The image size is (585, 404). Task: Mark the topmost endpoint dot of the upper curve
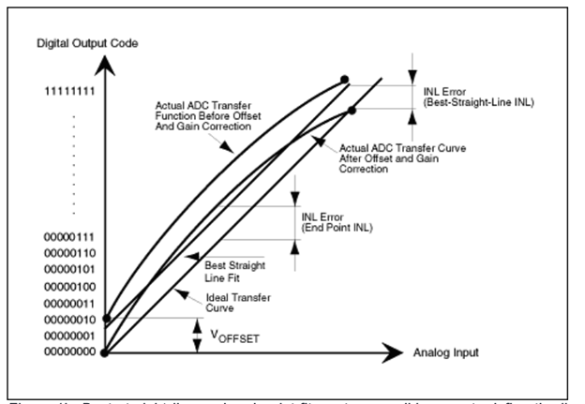coord(344,79)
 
